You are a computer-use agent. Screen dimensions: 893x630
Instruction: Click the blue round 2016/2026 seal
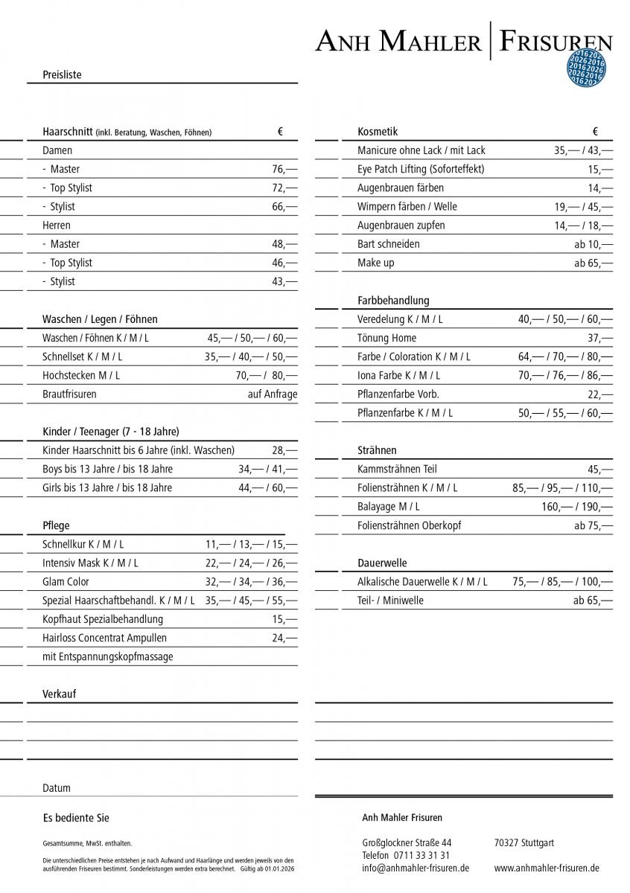(586, 68)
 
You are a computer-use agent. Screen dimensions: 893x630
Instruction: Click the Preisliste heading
(62, 75)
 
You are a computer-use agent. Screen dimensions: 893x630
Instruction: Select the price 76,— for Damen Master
(284, 169)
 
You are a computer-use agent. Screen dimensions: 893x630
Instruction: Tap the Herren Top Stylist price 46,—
(284, 263)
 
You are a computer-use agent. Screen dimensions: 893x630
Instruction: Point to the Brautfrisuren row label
(69, 394)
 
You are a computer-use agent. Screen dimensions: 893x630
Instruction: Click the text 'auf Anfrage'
(273, 394)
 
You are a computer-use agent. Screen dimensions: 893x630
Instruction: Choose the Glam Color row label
(66, 582)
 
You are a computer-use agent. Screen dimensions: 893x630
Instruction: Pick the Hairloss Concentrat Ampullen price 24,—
(284, 638)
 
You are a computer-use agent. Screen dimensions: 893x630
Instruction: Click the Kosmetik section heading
(378, 132)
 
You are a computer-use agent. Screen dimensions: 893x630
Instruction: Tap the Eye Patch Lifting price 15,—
(600, 169)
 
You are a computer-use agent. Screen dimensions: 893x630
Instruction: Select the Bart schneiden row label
(388, 244)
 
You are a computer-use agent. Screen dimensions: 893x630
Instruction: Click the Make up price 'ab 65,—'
(594, 263)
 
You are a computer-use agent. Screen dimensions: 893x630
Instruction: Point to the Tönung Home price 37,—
(600, 338)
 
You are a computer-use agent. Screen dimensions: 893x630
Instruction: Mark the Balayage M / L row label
(388, 507)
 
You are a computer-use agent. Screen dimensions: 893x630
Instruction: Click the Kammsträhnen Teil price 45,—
(600, 469)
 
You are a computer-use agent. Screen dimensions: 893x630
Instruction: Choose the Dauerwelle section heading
(382, 563)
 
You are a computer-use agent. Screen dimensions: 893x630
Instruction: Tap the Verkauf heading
(59, 694)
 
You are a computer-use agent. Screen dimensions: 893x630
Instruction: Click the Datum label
(57, 788)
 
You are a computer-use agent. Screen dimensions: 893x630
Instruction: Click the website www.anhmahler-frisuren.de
(547, 868)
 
